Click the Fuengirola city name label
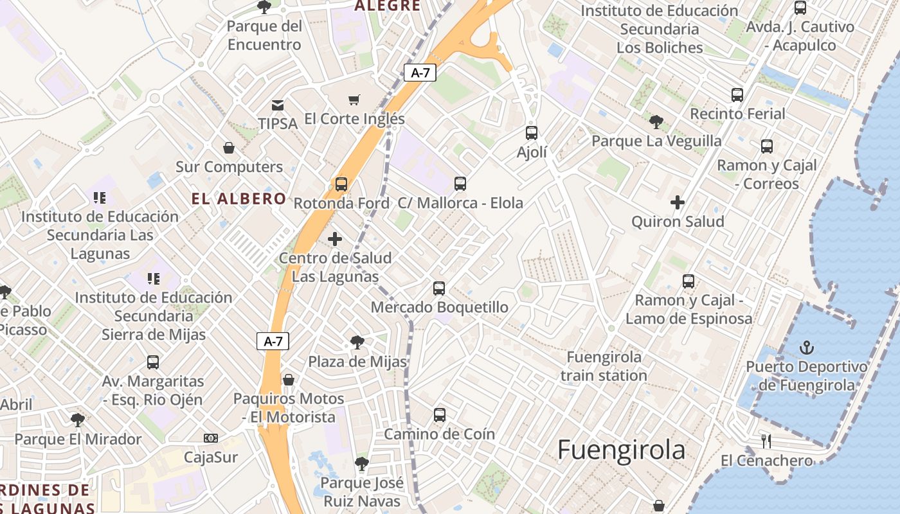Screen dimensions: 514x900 click(x=621, y=450)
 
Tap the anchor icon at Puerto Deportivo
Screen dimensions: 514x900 click(x=806, y=348)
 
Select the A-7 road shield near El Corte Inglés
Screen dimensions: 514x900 click(x=420, y=73)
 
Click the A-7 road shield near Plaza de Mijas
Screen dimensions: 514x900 click(x=273, y=341)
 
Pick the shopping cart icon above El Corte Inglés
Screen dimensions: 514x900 click(x=354, y=100)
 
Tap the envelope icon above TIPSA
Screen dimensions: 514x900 click(x=278, y=105)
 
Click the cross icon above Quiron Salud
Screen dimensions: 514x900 click(x=678, y=203)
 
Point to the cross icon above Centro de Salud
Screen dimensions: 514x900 click(x=335, y=239)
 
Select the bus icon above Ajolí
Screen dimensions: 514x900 click(x=532, y=133)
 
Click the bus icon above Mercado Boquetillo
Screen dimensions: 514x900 click(x=439, y=288)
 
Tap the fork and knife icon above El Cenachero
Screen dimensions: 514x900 click(x=766, y=441)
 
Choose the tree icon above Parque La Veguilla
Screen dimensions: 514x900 click(x=656, y=121)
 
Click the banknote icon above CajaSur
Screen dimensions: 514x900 click(x=211, y=438)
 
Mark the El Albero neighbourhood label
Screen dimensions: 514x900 click(x=239, y=199)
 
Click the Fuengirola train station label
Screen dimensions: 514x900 click(x=604, y=366)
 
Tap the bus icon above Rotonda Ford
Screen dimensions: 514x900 click(x=341, y=184)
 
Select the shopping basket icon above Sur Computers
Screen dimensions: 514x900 click(x=229, y=148)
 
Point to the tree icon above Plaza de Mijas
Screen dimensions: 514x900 click(x=357, y=342)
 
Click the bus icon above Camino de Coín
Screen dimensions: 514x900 click(x=440, y=415)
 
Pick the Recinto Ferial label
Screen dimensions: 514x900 click(x=737, y=114)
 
